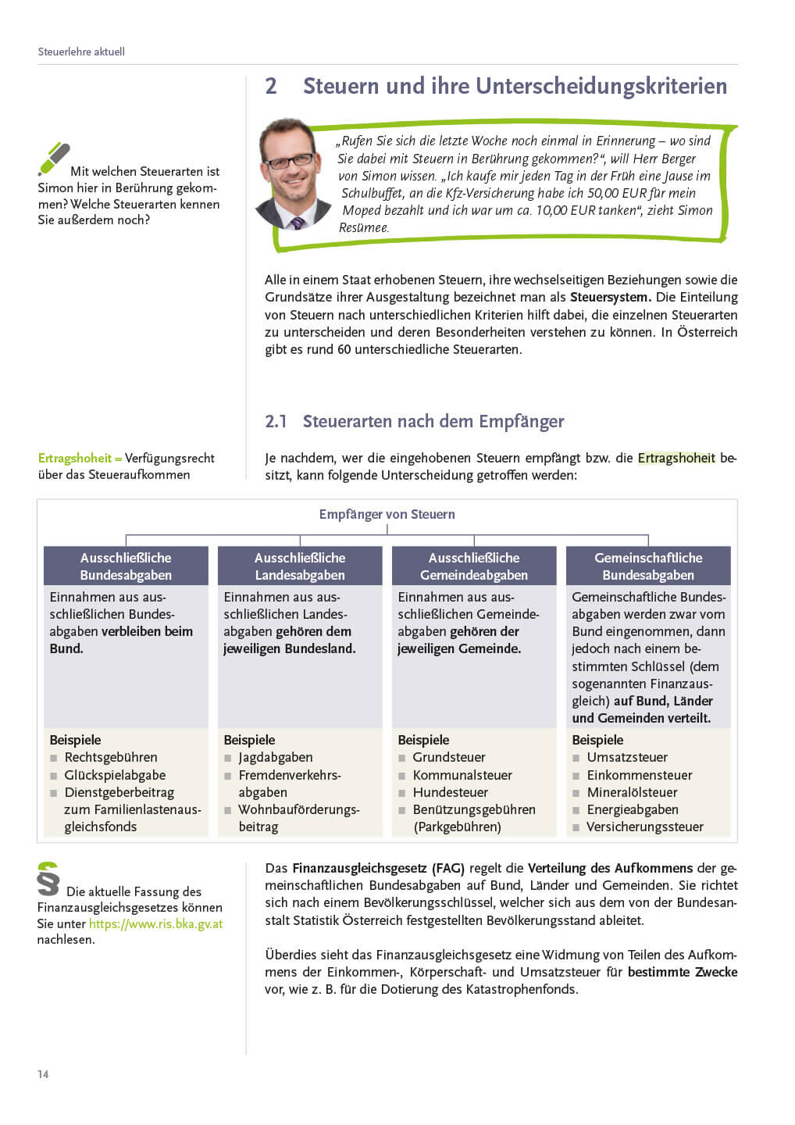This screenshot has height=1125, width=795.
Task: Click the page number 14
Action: (x=43, y=1074)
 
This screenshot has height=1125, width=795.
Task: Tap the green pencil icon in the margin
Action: (x=54, y=159)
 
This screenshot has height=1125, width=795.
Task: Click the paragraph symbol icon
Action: (x=48, y=878)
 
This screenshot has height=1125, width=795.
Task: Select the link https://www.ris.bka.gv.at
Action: (x=155, y=923)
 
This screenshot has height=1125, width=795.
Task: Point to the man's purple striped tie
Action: (x=298, y=223)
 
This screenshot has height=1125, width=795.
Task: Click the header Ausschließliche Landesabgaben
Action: (x=300, y=566)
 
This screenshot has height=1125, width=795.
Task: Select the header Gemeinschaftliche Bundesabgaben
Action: (x=648, y=566)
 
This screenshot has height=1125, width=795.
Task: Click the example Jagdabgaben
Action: (x=275, y=757)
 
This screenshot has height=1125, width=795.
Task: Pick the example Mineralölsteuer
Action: (x=632, y=792)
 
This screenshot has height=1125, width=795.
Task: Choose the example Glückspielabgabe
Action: (x=115, y=775)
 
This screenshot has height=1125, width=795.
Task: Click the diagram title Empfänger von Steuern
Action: (x=387, y=514)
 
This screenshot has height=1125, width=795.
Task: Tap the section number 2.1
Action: (x=276, y=422)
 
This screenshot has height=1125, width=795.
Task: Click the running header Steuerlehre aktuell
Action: (x=81, y=52)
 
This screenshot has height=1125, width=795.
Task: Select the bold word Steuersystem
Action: (x=610, y=297)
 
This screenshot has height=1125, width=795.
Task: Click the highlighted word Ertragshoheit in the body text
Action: (x=676, y=458)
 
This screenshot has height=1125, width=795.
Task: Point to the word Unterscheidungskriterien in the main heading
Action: (x=601, y=86)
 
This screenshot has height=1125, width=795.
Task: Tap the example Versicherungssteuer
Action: (x=645, y=827)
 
